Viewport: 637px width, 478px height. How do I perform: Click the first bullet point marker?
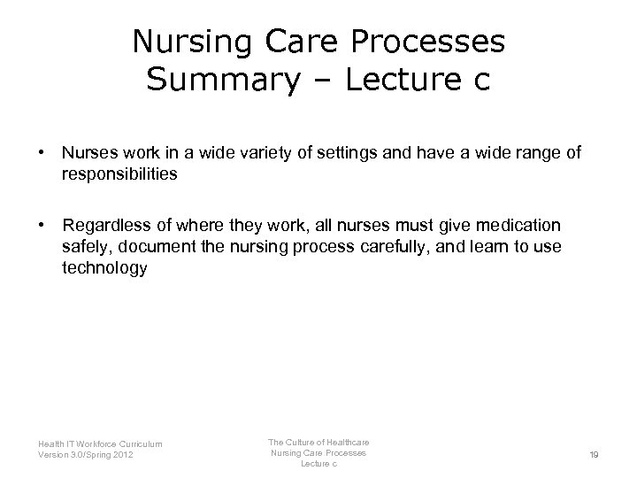pyautogui.click(x=42, y=153)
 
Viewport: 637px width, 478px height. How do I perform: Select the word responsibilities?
pyautogui.click(x=119, y=174)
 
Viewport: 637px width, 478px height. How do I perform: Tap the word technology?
pyautogui.click(x=104, y=268)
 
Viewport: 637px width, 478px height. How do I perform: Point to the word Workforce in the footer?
pyautogui.click(x=109, y=444)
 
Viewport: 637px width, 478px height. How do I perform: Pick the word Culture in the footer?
pyautogui.click(x=299, y=442)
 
